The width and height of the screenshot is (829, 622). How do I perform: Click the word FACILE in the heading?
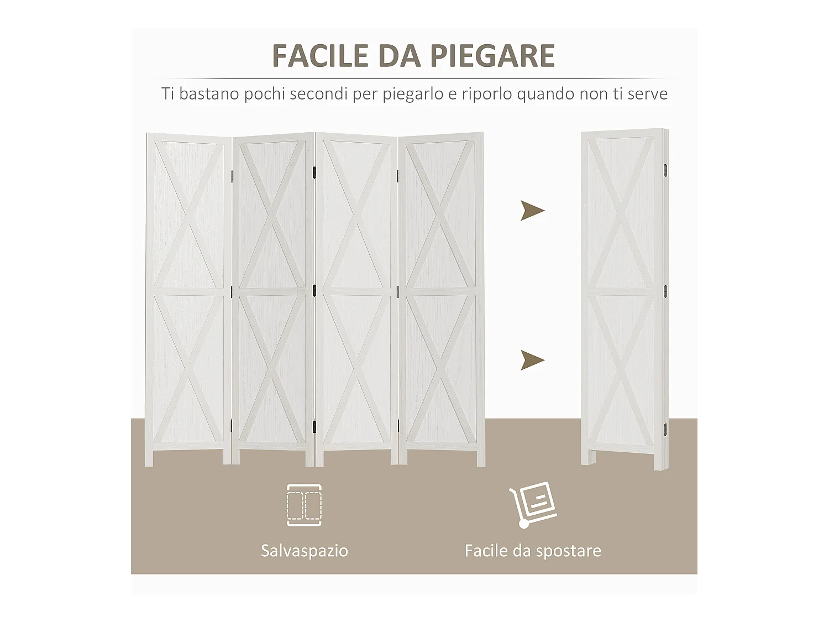[321, 56]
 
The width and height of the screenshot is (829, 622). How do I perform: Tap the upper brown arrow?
[532, 211]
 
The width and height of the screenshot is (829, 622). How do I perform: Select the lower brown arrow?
[532, 360]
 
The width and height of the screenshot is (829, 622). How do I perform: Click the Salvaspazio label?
[305, 551]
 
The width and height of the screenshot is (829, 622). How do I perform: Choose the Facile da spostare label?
[533, 551]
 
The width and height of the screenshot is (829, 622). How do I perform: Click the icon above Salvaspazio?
[304, 505]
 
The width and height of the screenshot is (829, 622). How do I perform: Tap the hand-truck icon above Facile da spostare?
[533, 504]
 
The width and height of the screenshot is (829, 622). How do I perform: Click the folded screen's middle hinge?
[665, 291]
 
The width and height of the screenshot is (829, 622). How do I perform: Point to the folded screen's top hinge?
[665, 167]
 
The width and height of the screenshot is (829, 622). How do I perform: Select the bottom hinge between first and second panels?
[231, 426]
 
